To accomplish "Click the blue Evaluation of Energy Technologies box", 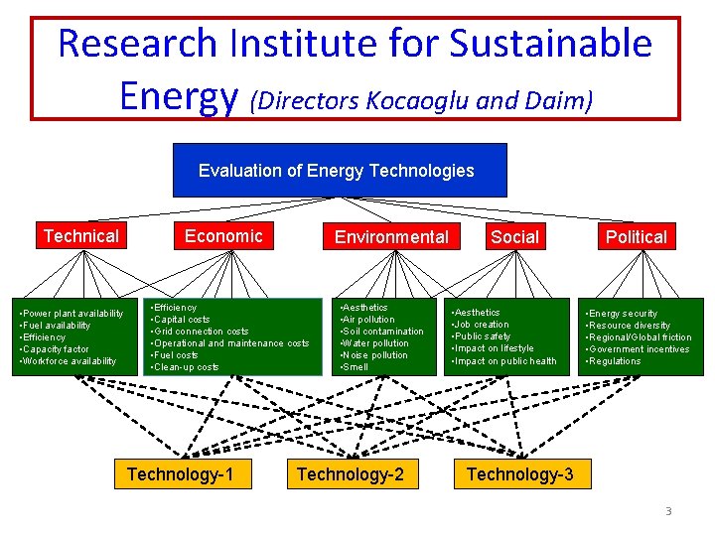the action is tap(339, 170).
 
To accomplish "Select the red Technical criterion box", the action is tap(80, 236).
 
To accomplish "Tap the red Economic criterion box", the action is tap(223, 236).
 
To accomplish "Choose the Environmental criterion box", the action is tap(391, 237).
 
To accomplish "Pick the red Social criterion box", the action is tap(514, 237).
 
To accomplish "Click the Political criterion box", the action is tap(637, 237).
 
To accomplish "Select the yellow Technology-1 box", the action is tap(181, 474).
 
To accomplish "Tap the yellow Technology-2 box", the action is tap(351, 474).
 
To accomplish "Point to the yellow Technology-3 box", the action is tap(519, 474).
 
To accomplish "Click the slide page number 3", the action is tap(668, 511).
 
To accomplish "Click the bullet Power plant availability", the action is tap(73, 314).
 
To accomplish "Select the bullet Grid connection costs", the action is tap(203, 332).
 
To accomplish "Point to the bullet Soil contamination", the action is tap(383, 332).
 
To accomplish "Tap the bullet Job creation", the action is tap(482, 325).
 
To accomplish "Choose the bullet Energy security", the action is tap(624, 314).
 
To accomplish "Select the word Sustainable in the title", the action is tap(551, 45).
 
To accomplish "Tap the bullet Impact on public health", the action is tap(506, 360).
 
